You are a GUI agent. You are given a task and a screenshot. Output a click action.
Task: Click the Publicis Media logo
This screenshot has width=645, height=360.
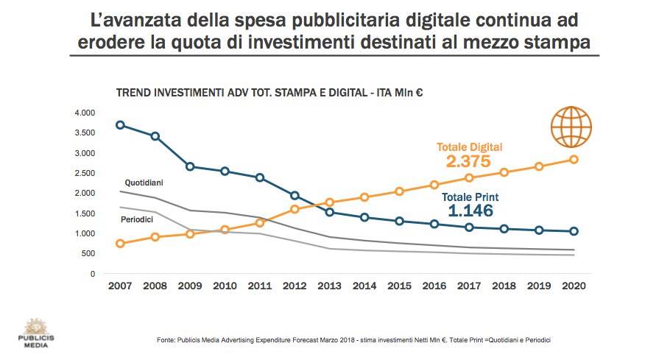pos(34,333)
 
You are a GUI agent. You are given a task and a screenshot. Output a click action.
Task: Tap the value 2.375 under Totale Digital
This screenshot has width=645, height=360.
pos(468,161)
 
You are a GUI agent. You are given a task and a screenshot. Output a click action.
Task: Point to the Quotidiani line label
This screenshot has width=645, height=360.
pos(144,181)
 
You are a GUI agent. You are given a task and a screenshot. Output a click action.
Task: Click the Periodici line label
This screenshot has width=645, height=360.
pos(136,220)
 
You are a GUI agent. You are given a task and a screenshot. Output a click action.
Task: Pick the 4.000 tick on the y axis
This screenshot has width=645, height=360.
pos(85,113)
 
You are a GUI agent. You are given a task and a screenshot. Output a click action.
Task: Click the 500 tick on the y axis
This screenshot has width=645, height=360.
pos(88,253)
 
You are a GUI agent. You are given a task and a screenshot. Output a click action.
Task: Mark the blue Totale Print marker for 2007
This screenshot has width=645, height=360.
pos(120,125)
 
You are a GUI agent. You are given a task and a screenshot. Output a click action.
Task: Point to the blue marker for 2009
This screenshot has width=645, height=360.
pos(190,166)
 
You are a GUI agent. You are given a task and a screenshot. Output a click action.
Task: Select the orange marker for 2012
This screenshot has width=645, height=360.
pos(295,209)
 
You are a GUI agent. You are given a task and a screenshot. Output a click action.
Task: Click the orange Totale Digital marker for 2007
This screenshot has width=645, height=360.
pos(120,244)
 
